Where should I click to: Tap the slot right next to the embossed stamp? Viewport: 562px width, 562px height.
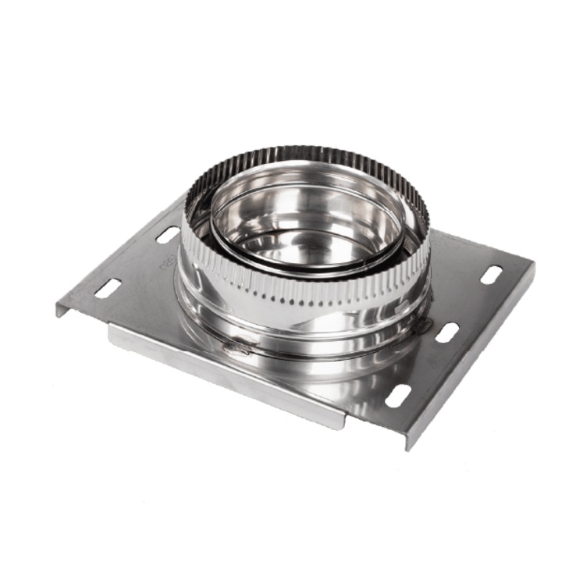click(x=167, y=234)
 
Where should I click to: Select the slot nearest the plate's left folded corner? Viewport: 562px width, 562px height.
click(x=108, y=288)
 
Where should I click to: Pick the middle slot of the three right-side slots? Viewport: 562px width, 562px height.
click(x=446, y=333)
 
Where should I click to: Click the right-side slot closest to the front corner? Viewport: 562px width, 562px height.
click(x=398, y=396)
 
